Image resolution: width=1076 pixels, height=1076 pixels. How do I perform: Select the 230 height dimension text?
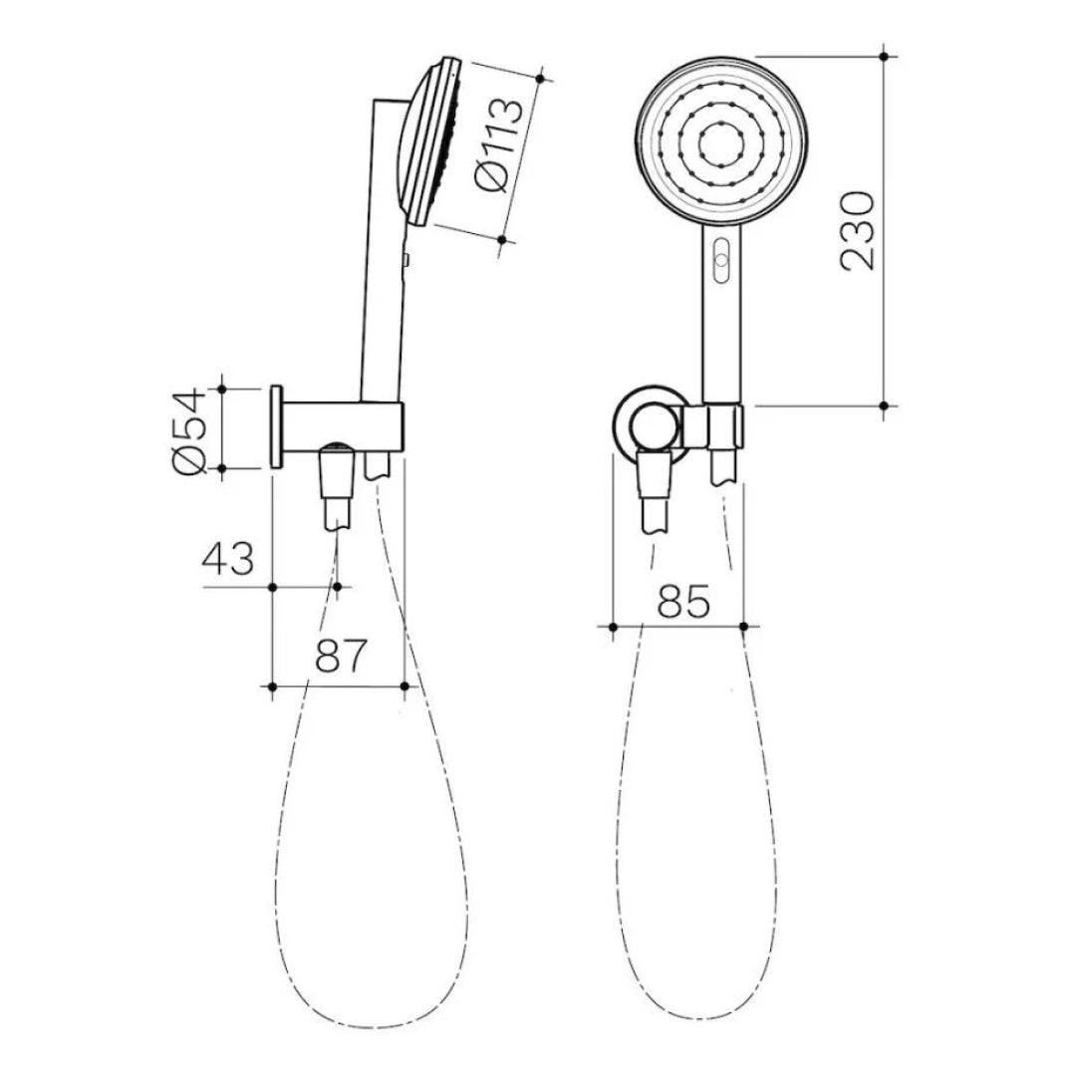click(x=858, y=230)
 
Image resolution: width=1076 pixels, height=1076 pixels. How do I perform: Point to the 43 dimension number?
click(x=229, y=558)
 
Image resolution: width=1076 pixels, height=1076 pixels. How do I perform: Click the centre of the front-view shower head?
click(x=722, y=142)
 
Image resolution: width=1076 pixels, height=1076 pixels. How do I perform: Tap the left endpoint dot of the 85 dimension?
click(x=612, y=626)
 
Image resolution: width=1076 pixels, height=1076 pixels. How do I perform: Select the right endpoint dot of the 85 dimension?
click(x=745, y=626)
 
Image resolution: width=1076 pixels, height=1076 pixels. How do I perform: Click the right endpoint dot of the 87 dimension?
click(x=403, y=685)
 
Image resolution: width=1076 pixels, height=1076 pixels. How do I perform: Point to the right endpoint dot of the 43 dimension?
click(x=338, y=588)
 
